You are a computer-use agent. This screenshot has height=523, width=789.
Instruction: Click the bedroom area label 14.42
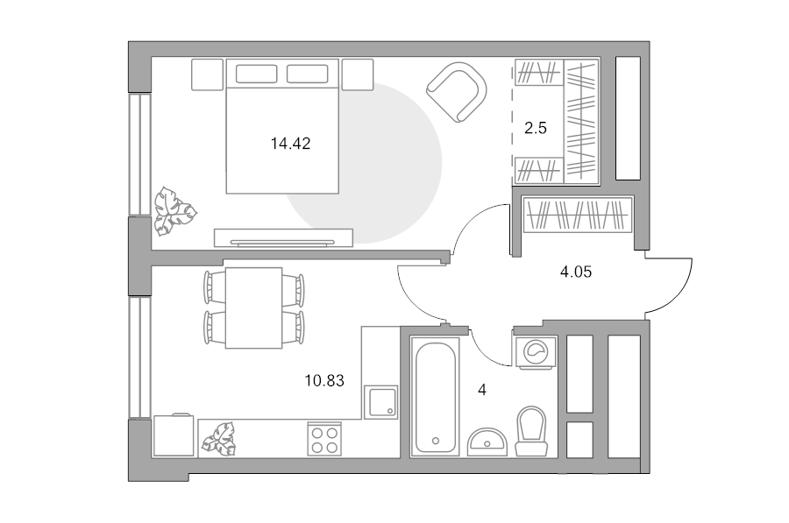[x=290, y=144]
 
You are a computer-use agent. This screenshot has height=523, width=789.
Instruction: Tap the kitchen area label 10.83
[x=324, y=381]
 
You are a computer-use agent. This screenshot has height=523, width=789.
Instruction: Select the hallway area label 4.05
[x=576, y=272]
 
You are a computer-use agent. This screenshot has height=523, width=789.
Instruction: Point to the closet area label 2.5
[x=536, y=128]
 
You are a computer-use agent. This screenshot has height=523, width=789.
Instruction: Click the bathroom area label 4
[x=482, y=390]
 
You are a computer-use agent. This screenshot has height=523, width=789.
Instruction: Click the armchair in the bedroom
[x=457, y=92]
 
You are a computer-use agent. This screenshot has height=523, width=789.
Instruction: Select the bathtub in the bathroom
[x=435, y=397]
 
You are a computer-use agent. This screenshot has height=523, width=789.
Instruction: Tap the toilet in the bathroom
[x=532, y=431]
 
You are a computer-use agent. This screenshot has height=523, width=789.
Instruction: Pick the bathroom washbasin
[x=487, y=442]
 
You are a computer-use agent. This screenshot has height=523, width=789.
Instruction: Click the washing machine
[x=535, y=352]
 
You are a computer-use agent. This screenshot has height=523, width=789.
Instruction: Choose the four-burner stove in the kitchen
[x=324, y=440]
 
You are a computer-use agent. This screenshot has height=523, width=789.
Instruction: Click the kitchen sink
[x=380, y=402]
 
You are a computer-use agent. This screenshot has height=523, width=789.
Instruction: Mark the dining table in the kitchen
[x=253, y=307]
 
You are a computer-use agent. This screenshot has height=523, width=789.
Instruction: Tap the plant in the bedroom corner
[x=174, y=211]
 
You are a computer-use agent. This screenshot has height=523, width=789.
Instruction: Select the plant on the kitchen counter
[x=219, y=439]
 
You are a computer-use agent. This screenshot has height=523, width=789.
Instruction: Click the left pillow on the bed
[x=256, y=74]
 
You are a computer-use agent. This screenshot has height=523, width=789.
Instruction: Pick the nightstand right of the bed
[x=358, y=74]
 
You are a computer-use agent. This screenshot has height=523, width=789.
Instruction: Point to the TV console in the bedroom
[x=283, y=238]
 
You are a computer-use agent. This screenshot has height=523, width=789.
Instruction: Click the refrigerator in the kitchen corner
[x=174, y=435]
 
